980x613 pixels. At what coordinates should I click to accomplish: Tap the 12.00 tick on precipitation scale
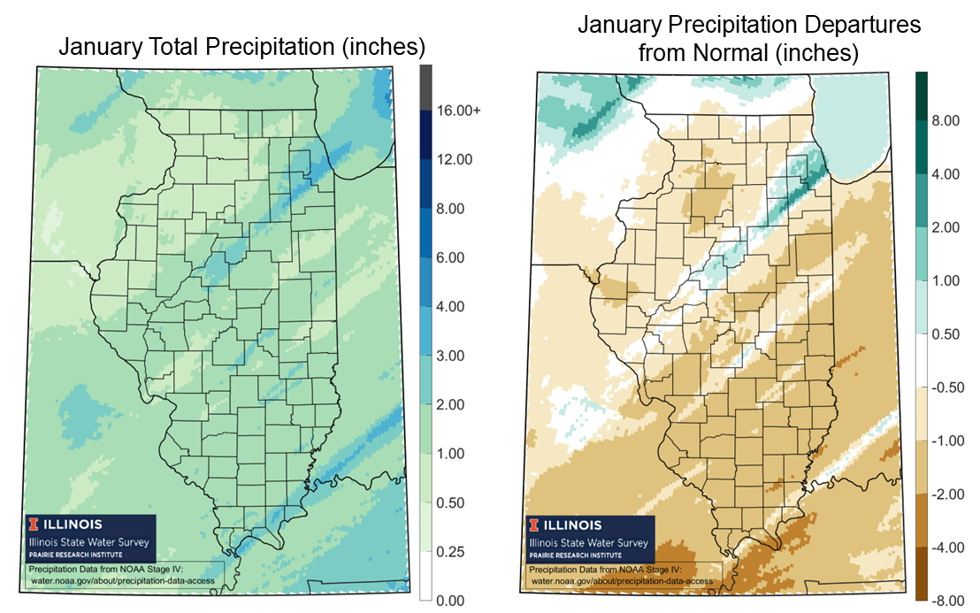(x=456, y=160)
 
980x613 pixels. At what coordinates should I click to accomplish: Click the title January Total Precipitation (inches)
(x=241, y=46)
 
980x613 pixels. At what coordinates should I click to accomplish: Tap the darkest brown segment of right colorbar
(x=922, y=574)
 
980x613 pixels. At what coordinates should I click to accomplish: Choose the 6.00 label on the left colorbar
(x=452, y=258)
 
